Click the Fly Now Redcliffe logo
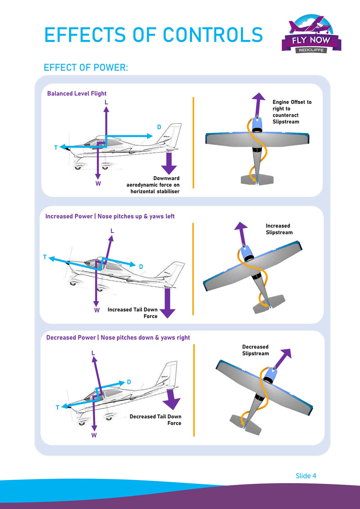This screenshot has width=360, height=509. tap(311, 35)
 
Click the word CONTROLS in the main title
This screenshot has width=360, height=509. tap(213, 35)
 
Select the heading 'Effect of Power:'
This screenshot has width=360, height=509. tap(86, 67)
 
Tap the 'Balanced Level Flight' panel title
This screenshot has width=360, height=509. tap(77, 94)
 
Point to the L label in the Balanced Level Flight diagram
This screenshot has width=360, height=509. tap(106, 102)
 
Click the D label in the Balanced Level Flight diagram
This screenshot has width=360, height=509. tap(159, 127)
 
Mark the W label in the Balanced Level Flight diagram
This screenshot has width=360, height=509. tap(98, 184)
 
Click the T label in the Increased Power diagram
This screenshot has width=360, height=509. tap(45, 257)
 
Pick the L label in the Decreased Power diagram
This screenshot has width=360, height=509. tap(93, 353)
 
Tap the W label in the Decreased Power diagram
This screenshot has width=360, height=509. tap(94, 435)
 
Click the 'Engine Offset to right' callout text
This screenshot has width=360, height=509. tap(291, 112)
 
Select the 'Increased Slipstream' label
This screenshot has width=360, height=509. tap(279, 229)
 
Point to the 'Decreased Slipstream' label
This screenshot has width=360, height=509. tap(255, 350)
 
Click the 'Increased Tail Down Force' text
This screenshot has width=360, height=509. tap(132, 312)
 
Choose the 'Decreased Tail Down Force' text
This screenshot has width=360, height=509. tap(156, 420)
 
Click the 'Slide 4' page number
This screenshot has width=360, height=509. tap(306, 476)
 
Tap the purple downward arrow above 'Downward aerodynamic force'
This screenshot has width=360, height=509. tap(169, 164)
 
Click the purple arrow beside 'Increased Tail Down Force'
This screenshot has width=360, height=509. tap(167, 303)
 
